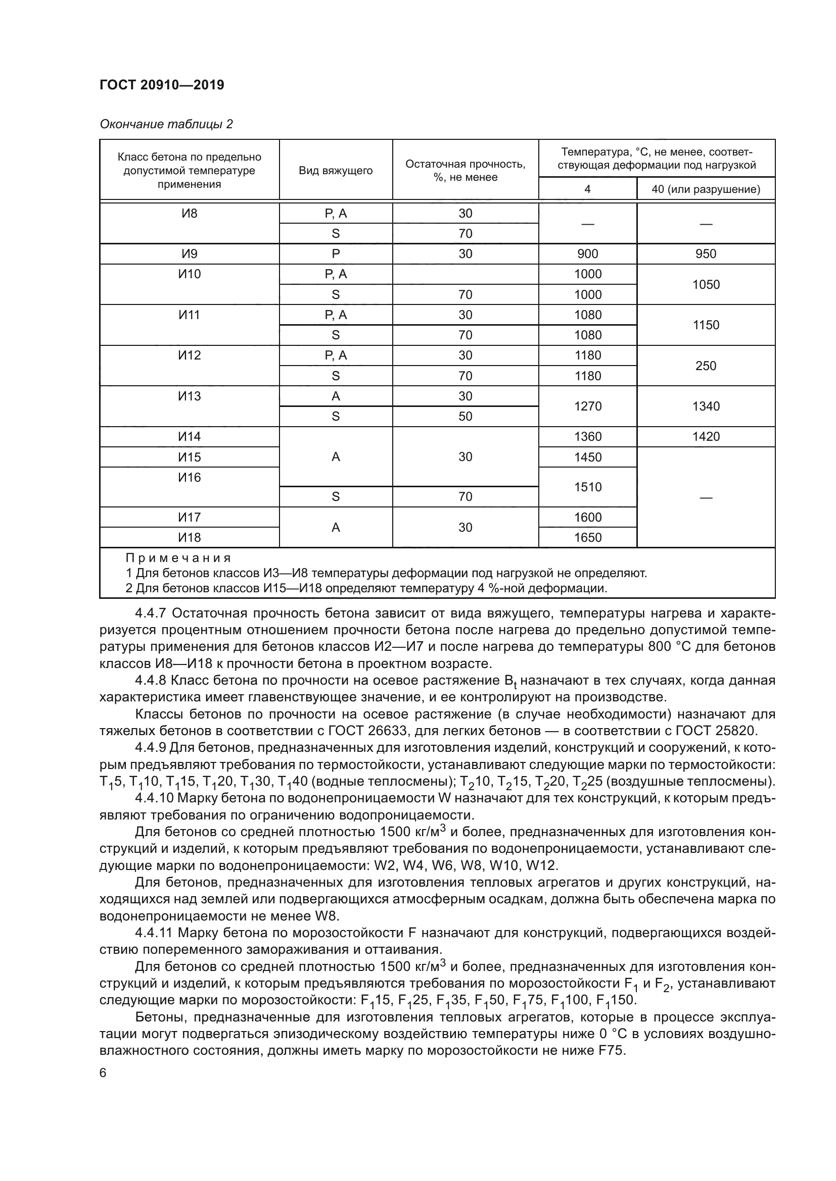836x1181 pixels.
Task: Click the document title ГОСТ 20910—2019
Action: tap(162, 85)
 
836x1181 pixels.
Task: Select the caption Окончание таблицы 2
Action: tap(166, 124)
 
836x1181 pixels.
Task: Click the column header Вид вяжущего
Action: tap(336, 170)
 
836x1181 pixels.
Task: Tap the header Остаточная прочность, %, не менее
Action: tap(465, 170)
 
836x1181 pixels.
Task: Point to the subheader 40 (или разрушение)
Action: tap(705, 189)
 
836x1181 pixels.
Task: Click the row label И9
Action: tap(189, 253)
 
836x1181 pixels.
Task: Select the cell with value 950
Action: tap(705, 253)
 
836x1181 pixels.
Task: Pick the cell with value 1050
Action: tap(705, 284)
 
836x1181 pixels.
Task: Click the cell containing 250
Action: tap(705, 366)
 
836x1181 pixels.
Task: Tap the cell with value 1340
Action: tap(705, 406)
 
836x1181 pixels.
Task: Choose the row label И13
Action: tap(189, 396)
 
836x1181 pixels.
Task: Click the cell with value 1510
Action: tap(587, 487)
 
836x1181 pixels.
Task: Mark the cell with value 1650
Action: tap(587, 538)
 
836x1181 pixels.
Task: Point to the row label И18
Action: tap(189, 538)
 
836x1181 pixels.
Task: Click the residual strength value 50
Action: tap(465, 416)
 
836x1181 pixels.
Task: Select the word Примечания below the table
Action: tap(178, 558)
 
